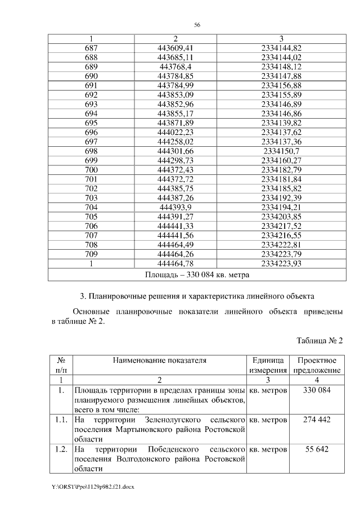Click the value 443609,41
(176, 48)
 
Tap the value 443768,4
(176, 67)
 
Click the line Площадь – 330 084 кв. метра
(197, 274)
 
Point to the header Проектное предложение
(317, 365)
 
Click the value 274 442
(317, 420)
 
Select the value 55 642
(317, 449)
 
